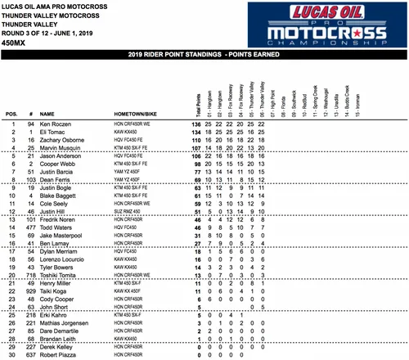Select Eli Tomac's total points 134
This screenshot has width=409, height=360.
196,133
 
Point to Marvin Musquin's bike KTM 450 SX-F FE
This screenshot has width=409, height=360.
145,148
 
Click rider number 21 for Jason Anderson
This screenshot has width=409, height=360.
29,155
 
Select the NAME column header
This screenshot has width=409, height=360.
47,115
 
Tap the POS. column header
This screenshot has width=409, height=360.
11,115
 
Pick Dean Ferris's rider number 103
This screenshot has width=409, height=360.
29,178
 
